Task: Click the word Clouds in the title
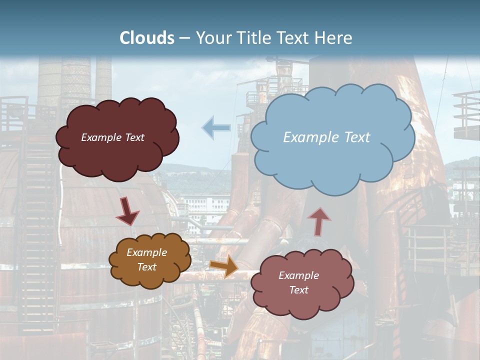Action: point(147,38)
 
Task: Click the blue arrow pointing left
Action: point(216,128)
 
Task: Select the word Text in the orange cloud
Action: point(147,267)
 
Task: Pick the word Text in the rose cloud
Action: point(298,290)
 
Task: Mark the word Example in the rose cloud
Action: point(298,275)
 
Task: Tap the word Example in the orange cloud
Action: point(147,252)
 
